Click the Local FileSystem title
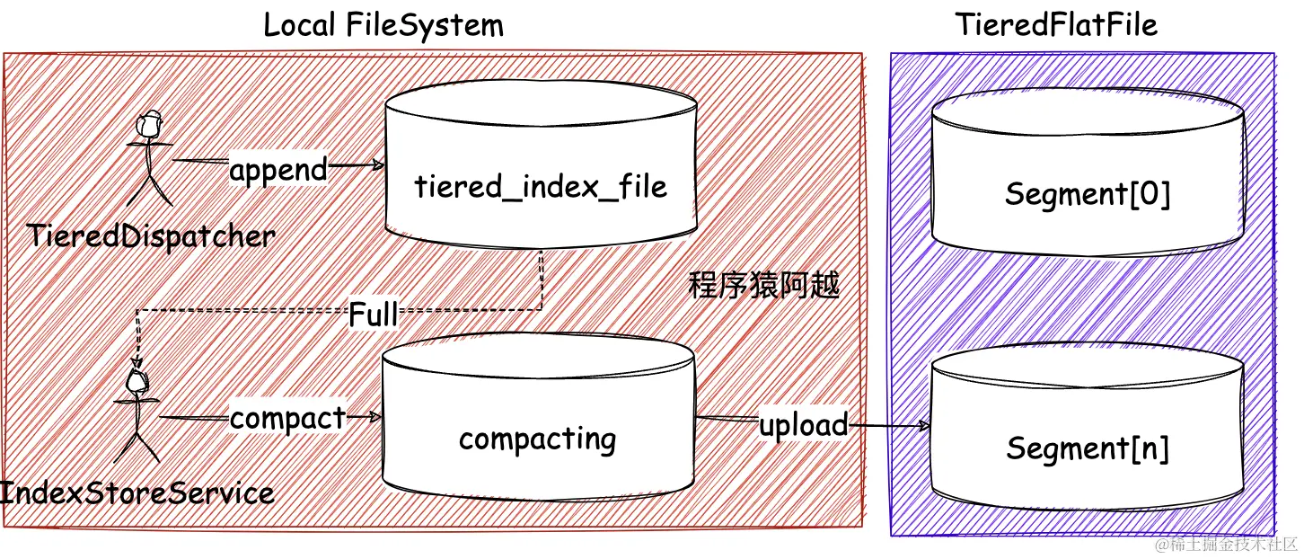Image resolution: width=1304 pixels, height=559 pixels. [383, 24]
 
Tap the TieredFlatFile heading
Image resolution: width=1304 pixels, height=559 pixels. [1055, 24]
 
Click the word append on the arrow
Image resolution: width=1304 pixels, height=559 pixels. [278, 169]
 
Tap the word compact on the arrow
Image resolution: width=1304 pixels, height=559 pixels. [287, 419]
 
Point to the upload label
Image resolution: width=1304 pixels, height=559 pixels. [803, 424]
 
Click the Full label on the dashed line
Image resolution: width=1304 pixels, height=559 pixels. [373, 315]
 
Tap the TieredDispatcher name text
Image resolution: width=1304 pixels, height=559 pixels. [151, 236]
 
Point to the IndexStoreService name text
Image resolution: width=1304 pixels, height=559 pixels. [137, 492]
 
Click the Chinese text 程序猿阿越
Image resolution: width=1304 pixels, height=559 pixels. [763, 286]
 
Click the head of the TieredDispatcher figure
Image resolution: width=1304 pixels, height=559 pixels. [151, 121]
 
